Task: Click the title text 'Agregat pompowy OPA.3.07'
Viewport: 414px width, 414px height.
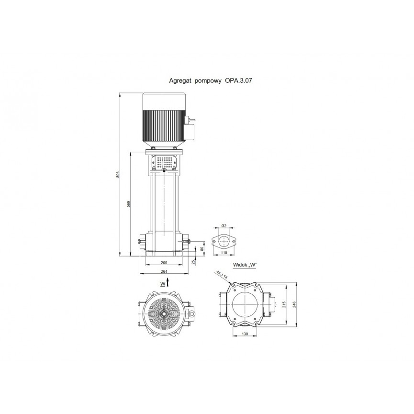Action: (211, 80)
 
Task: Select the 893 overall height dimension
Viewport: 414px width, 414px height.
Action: (118, 175)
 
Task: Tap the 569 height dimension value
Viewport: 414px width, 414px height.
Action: (129, 204)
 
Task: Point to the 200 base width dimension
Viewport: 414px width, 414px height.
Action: (164, 263)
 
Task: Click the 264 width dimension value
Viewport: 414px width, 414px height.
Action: (164, 271)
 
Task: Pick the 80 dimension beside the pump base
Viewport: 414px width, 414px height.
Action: (202, 249)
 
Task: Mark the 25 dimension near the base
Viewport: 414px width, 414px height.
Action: (193, 262)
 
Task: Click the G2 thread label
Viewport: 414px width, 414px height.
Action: (224, 226)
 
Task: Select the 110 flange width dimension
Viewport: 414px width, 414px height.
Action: (224, 253)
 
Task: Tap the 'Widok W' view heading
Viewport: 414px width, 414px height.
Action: (245, 265)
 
